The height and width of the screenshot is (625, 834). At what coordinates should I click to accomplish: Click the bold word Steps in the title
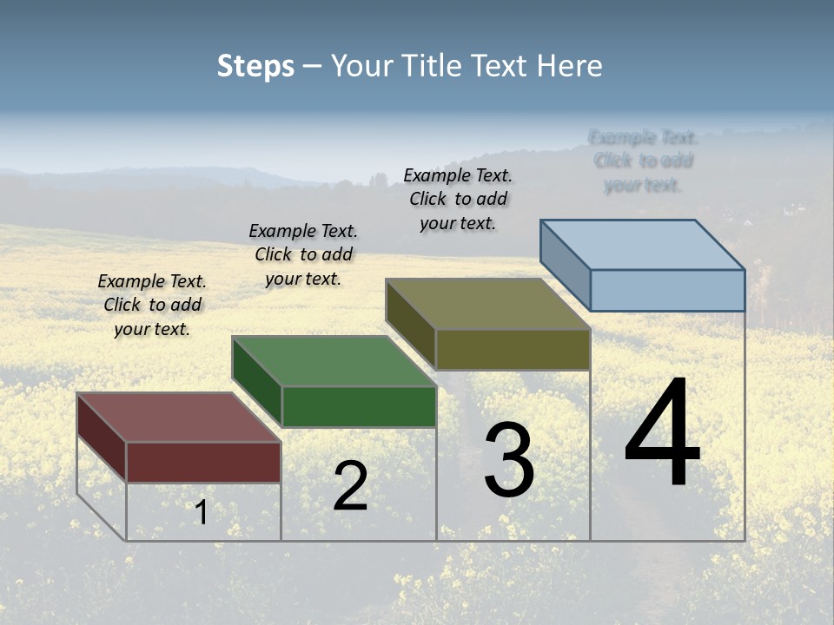tap(255, 66)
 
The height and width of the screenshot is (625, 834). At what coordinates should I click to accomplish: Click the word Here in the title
tap(569, 66)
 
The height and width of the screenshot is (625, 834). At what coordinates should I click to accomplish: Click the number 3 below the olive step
tap(509, 460)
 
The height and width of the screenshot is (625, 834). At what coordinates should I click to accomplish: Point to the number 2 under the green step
tap(350, 486)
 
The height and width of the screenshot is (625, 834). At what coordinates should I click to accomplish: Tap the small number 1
tap(202, 512)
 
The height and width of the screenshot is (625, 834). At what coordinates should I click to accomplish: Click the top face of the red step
tap(178, 418)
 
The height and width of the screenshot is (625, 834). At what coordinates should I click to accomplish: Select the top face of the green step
tap(334, 361)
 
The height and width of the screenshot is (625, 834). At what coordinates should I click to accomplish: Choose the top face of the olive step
tap(488, 304)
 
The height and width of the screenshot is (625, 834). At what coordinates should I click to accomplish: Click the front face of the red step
tap(203, 462)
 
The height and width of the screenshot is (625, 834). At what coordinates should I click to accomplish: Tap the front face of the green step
tap(359, 406)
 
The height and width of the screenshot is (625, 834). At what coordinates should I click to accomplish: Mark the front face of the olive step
tap(513, 349)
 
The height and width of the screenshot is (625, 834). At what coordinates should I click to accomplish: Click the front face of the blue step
tap(667, 290)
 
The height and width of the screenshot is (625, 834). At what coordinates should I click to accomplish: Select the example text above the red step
tap(152, 305)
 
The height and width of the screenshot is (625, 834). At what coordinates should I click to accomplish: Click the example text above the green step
tap(303, 254)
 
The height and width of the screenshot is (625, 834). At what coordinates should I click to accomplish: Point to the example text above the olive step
tap(458, 199)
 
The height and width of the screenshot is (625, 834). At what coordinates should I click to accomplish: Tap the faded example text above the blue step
tap(643, 161)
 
